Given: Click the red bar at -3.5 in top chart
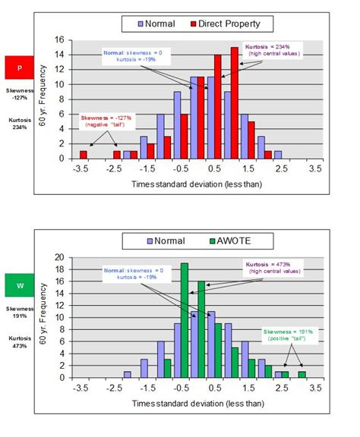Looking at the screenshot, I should coord(84,154).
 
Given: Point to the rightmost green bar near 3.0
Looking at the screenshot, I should coord(302,373).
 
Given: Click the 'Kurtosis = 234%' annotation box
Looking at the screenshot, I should coord(270,50).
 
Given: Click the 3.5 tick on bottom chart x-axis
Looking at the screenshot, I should coord(314,387).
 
